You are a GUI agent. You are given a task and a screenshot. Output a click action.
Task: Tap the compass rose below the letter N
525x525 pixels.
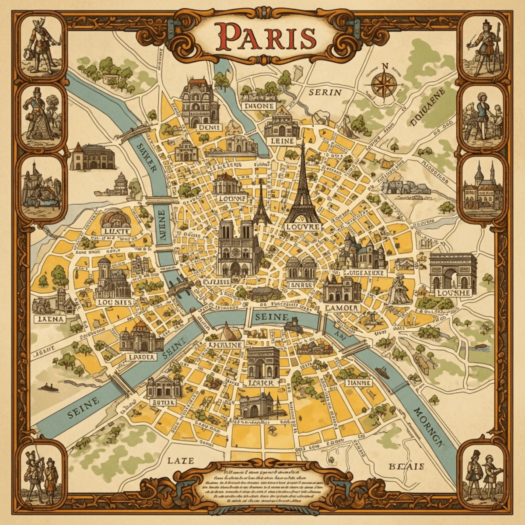tap(385, 85)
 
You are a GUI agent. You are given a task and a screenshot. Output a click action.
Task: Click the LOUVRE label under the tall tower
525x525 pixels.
tap(303, 227)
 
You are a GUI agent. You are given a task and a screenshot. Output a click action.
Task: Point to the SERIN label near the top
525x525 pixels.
tap(325, 93)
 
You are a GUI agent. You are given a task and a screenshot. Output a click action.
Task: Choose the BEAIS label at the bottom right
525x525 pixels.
tap(406, 466)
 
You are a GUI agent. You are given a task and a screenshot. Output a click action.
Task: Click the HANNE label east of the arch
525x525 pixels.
tap(358, 383)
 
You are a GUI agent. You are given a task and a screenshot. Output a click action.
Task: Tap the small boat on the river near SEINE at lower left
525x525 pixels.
tap(48, 388)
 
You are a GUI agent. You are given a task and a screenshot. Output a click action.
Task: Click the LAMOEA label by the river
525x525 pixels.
tap(342, 308)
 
